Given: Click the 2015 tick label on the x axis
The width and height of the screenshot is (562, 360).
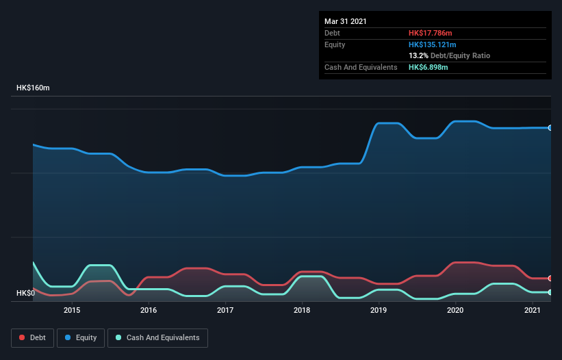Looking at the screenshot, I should pyautogui.click(x=72, y=311).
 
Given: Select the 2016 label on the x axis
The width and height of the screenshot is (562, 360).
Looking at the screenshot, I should pyautogui.click(x=149, y=311).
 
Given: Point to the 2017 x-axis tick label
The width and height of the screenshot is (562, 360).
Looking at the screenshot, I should pyautogui.click(x=225, y=311).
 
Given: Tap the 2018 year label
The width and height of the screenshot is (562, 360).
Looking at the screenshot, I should pyautogui.click(x=302, y=311).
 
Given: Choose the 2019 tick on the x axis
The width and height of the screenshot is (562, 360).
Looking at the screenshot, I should pyautogui.click(x=379, y=311).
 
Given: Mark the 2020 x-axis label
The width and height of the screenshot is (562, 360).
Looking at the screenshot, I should pyautogui.click(x=456, y=311).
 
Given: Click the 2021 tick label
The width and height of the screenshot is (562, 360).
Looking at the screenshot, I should pyautogui.click(x=533, y=311).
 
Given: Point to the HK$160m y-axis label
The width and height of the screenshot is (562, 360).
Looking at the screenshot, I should pyautogui.click(x=33, y=88).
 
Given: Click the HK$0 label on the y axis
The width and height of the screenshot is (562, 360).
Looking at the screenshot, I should pyautogui.click(x=25, y=294).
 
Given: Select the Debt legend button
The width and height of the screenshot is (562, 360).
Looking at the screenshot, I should pyautogui.click(x=31, y=337).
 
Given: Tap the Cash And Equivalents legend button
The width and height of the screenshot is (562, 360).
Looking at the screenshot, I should pyautogui.click(x=157, y=337).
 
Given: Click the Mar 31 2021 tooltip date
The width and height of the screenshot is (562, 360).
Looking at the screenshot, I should pyautogui.click(x=346, y=21).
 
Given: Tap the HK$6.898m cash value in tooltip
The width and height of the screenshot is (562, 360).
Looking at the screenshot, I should pyautogui.click(x=429, y=67).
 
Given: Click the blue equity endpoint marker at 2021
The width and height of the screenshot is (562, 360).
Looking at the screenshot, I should pyautogui.click(x=550, y=128).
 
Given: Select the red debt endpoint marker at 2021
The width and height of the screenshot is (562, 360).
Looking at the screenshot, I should pyautogui.click(x=550, y=279).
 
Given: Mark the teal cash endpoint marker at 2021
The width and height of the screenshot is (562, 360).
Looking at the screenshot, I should pyautogui.click(x=550, y=292).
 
